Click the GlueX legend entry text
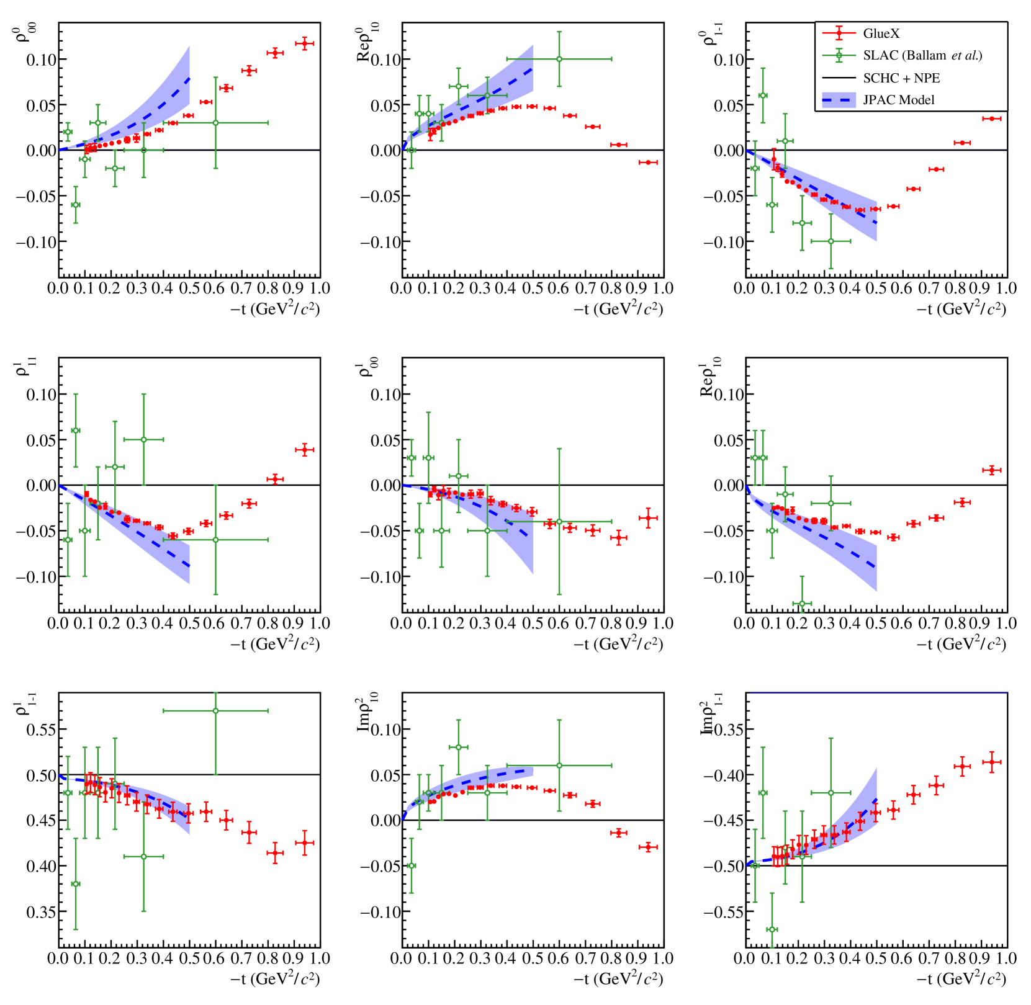pos(881,33)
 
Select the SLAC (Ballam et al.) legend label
pos(922,56)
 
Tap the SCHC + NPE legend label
pos(901,78)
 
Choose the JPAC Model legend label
pos(898,100)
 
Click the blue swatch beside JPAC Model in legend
pos(839,100)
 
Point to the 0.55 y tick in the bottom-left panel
pos(41,730)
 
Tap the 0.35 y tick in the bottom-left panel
pos(41,912)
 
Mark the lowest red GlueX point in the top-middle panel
pos(648,163)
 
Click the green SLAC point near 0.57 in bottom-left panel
pos(215,711)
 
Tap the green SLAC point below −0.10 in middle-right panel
pos(802,604)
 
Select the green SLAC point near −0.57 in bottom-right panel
pos(772,929)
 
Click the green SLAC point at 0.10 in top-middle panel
pos(559,60)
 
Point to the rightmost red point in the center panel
pos(648,518)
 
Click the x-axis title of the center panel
pos(618,644)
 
